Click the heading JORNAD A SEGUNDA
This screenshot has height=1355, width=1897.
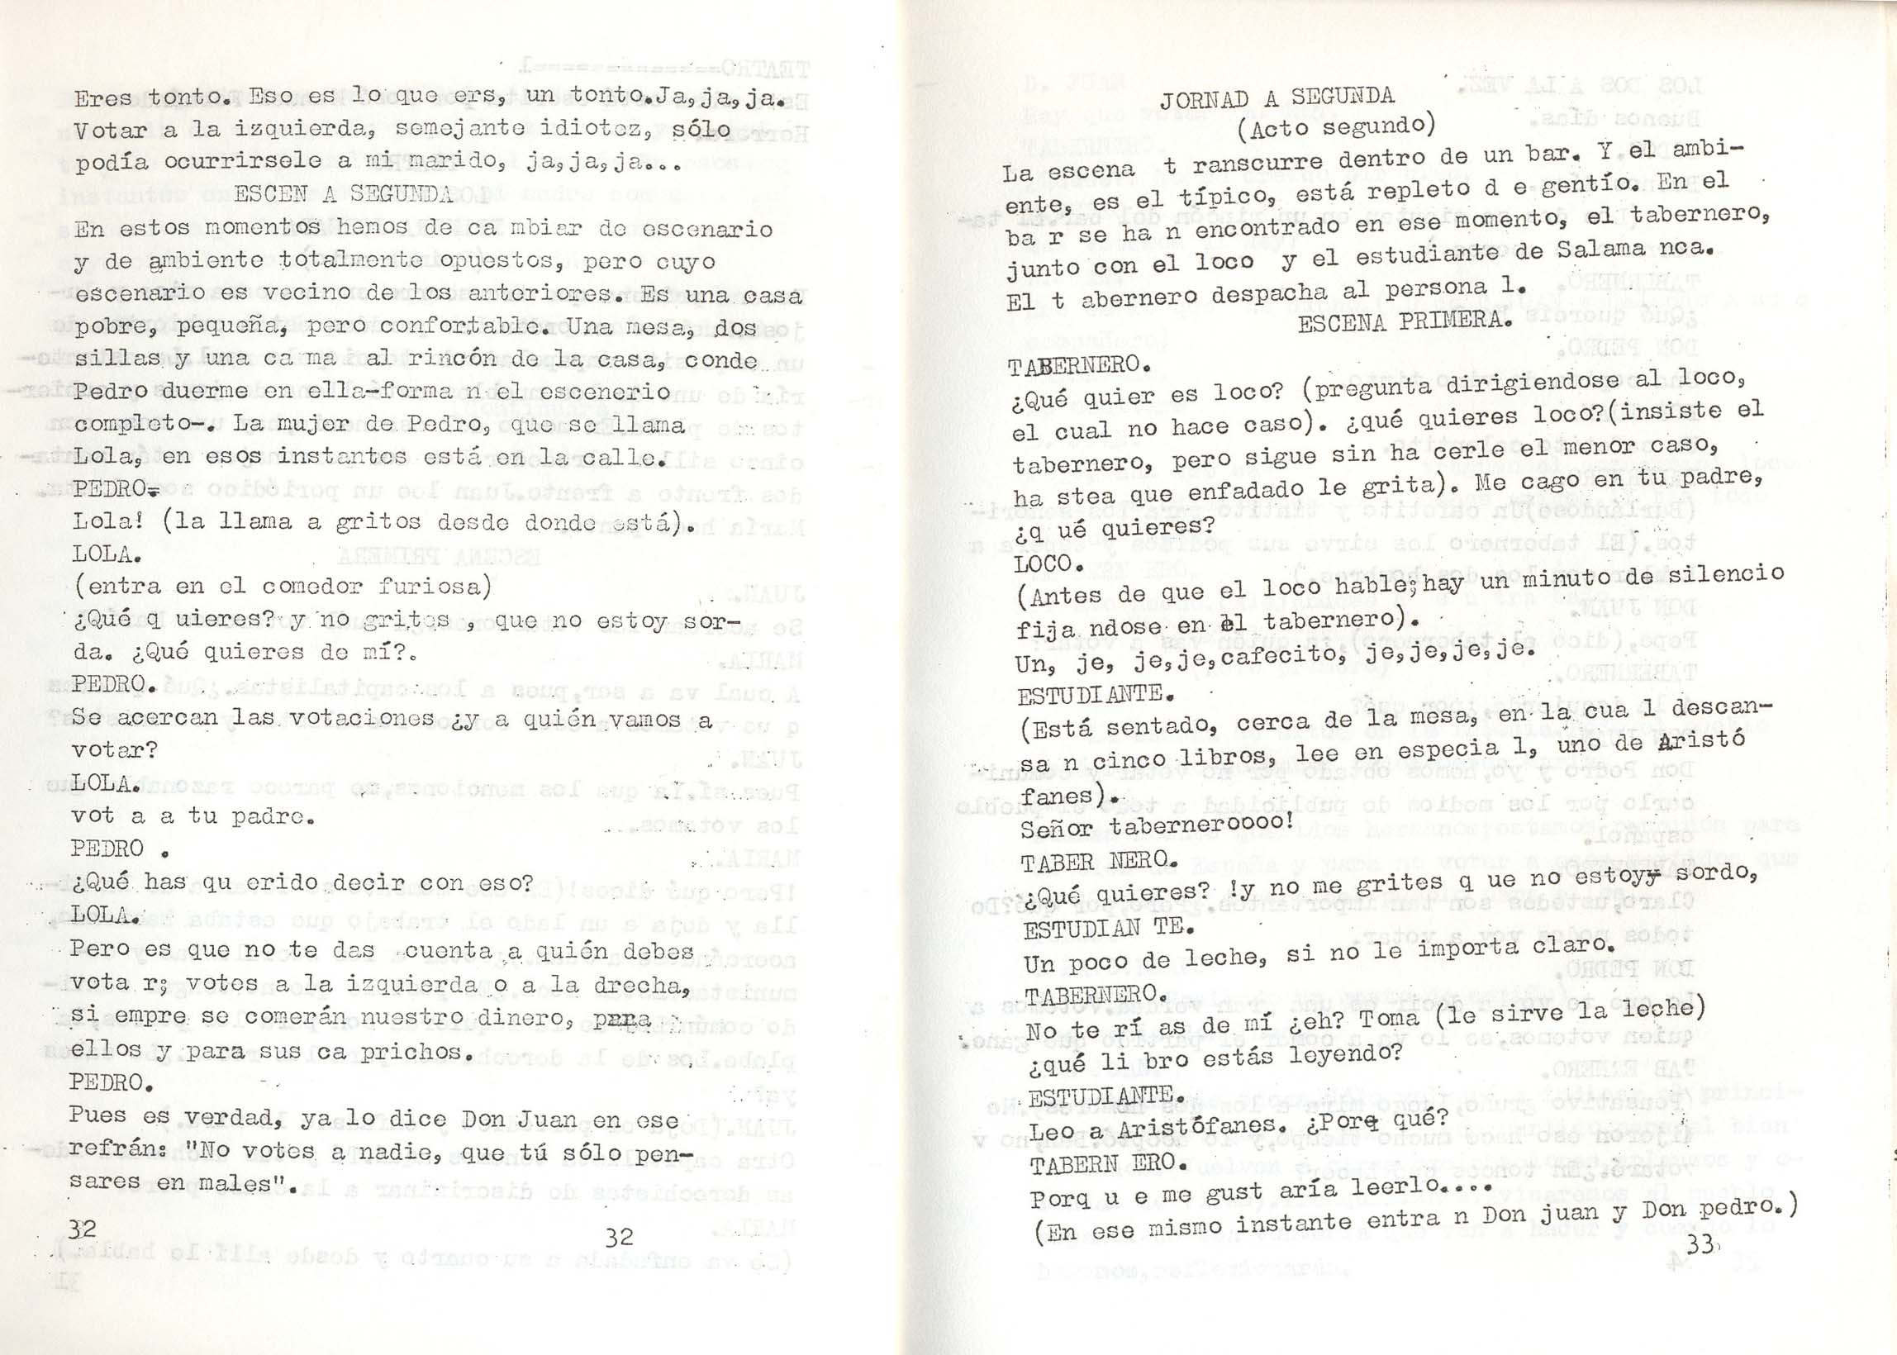click(1277, 97)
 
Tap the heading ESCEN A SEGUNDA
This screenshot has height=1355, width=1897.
click(344, 194)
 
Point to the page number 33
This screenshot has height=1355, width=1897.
click(1699, 1245)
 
